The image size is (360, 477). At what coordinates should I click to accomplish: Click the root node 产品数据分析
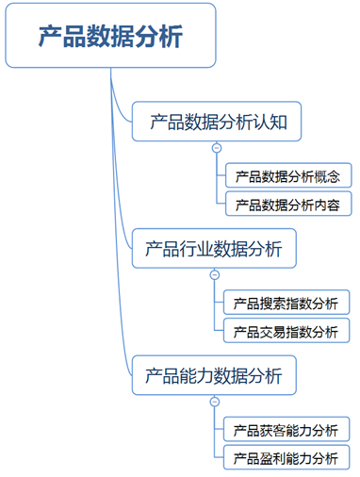click(110, 36)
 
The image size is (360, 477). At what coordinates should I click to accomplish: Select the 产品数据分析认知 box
click(216, 122)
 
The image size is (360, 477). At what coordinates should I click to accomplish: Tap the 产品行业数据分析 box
click(216, 249)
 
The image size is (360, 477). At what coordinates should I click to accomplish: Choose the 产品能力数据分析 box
click(216, 376)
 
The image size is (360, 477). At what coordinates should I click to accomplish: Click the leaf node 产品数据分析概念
click(288, 176)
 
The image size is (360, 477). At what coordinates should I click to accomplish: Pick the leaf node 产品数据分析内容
click(288, 205)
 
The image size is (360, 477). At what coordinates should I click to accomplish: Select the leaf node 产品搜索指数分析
click(288, 304)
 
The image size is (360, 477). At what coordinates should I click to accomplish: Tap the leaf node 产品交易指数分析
click(288, 332)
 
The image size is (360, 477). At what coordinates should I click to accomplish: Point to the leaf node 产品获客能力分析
click(288, 431)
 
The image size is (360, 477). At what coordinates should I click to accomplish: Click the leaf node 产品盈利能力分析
click(288, 459)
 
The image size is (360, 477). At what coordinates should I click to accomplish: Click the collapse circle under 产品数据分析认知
click(216, 148)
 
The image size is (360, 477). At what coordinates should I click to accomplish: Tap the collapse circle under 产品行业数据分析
click(216, 275)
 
